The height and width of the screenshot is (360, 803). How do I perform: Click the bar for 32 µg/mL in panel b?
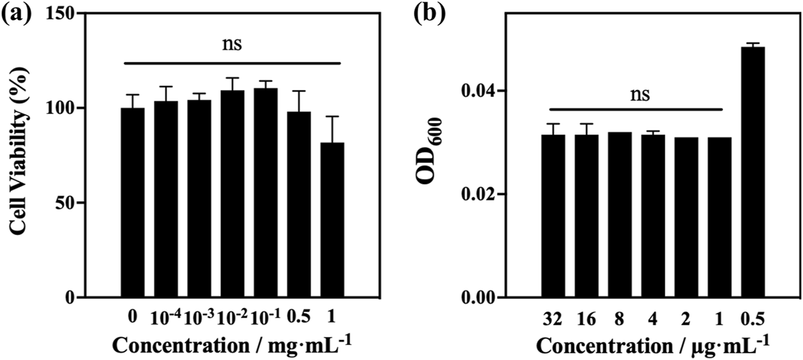click(x=553, y=216)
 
